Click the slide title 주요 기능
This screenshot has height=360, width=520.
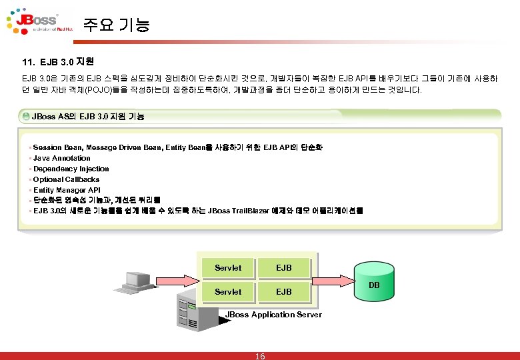point(117,26)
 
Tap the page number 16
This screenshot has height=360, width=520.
point(260,355)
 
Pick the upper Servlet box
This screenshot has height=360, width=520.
point(228,268)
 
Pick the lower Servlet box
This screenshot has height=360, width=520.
point(228,292)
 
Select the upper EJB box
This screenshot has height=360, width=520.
point(284,268)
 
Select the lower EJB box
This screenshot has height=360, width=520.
point(284,292)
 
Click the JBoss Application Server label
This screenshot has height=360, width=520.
point(273,315)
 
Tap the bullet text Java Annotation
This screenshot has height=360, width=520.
point(61,158)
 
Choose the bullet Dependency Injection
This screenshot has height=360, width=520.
point(71,169)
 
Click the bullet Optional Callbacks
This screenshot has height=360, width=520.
point(66,179)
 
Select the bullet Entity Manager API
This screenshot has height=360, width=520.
point(67,190)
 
